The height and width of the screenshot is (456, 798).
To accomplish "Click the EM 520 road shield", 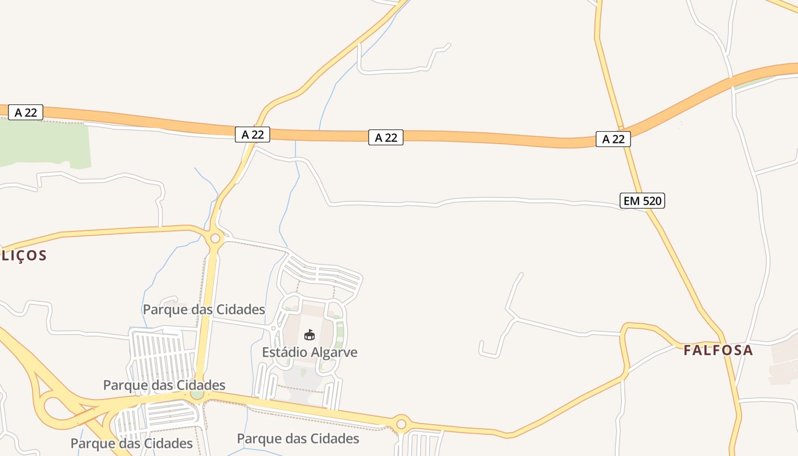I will pyautogui.click(x=642, y=201).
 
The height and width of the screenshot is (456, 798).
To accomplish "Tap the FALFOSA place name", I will pyautogui.click(x=718, y=350).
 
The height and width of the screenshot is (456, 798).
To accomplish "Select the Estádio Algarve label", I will pyautogui.click(x=310, y=352).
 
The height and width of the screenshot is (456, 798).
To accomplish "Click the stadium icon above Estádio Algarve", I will pyautogui.click(x=310, y=335).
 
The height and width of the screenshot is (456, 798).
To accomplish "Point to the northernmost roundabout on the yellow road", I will pyautogui.click(x=215, y=238).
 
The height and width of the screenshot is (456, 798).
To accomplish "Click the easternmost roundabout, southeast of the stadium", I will pyautogui.click(x=401, y=424).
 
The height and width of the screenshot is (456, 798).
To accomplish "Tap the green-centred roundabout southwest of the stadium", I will pyautogui.click(x=197, y=394).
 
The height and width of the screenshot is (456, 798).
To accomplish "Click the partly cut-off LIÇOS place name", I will pyautogui.click(x=23, y=255).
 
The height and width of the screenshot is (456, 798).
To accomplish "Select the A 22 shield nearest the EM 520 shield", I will pyautogui.click(x=613, y=139).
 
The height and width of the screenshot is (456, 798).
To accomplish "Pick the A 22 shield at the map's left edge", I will pyautogui.click(x=26, y=112).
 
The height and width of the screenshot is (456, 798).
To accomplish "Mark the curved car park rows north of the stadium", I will pyautogui.click(x=322, y=272).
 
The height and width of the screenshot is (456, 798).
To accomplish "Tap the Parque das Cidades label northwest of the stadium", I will pyautogui.click(x=203, y=310).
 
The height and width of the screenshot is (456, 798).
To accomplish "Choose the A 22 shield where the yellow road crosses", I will pyautogui.click(x=253, y=135).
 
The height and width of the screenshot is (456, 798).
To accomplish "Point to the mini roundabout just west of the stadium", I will pyautogui.click(x=274, y=328).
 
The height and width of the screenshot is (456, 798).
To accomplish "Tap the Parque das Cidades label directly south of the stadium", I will pyautogui.click(x=298, y=438).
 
